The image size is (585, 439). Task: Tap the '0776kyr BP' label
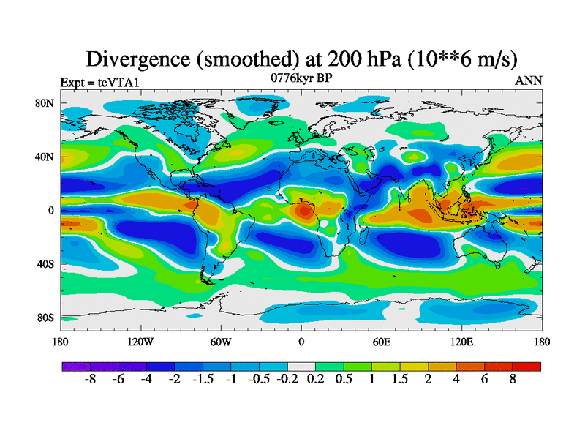302,77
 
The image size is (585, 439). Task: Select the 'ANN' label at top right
529,81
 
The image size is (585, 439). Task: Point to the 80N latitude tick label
45,103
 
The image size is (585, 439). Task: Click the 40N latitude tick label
45,157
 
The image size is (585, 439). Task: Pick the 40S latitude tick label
45,264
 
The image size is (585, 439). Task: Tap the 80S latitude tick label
45,318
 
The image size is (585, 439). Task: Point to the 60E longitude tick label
381,342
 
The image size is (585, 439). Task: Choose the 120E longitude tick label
461,342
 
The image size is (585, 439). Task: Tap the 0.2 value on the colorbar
316,380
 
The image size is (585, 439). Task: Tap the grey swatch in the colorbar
301,366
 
